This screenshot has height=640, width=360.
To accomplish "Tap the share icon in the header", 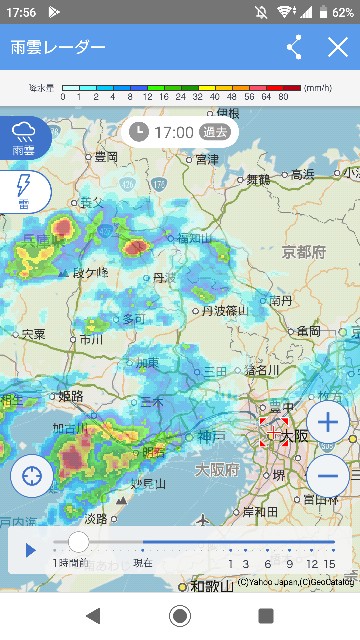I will tap(294, 47).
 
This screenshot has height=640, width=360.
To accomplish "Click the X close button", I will tap(337, 47).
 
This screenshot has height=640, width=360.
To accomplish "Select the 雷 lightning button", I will tap(21, 190).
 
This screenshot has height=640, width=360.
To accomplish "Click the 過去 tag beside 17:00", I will tap(215, 131).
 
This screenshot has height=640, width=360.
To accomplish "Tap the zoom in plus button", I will tap(327, 422).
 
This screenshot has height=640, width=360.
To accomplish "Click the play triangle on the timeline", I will tap(31, 549).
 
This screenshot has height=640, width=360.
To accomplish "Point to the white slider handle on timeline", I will tap(78, 543).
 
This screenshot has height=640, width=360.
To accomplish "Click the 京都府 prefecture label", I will tap(303, 252).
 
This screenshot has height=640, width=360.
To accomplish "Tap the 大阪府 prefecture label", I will tap(216, 469).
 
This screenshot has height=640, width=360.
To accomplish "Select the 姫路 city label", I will tap(71, 396).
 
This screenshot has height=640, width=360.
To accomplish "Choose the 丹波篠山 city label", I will tap(225, 311).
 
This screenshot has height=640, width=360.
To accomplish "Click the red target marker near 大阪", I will tap(273, 433).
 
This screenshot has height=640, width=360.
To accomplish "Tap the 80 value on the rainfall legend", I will tap(283, 98).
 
